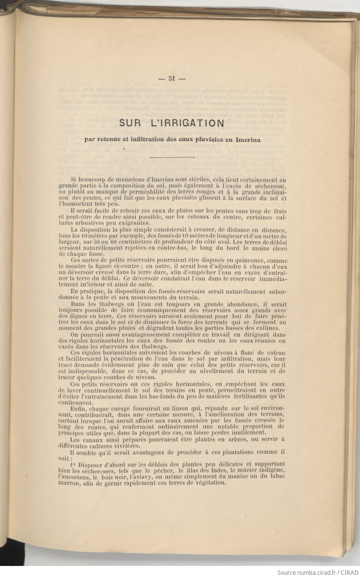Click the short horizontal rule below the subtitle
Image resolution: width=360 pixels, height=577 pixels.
tap(173, 158)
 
